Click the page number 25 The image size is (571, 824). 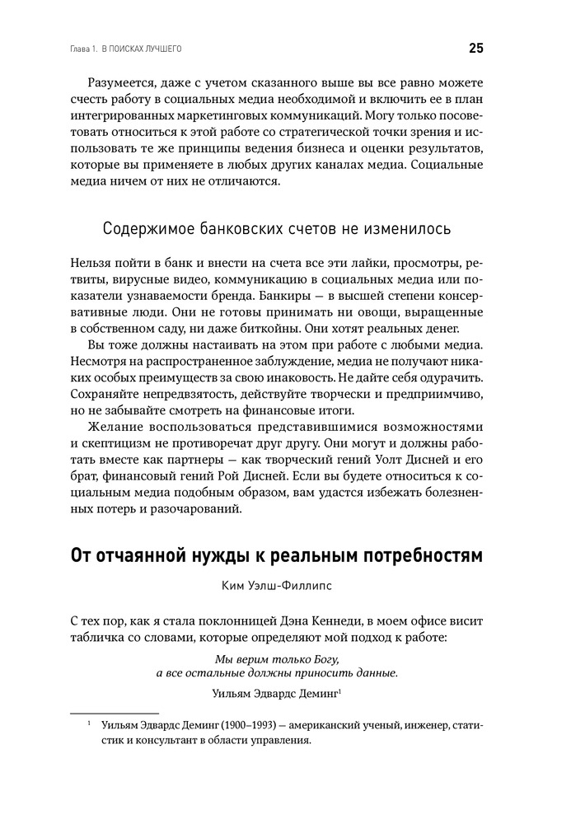[x=476, y=49]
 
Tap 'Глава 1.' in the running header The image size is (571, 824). [x=79, y=49]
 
